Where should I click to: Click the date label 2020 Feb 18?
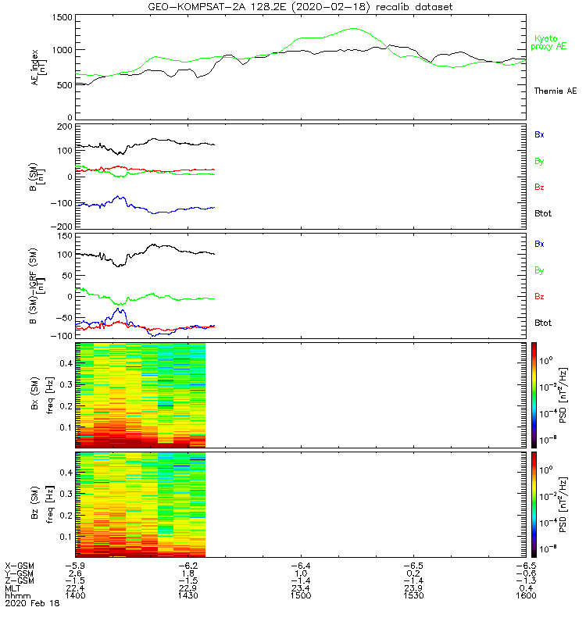click(x=31, y=604)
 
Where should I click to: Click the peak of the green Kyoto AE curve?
click(x=353, y=29)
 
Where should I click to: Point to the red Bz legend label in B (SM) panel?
click(x=539, y=187)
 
